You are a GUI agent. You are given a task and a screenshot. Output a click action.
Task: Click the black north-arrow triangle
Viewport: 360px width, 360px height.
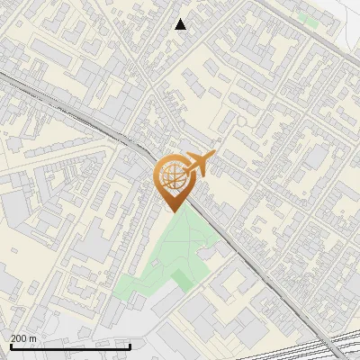[x=181, y=24]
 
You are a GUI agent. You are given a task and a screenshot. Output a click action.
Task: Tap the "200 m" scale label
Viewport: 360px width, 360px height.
[x=22, y=338]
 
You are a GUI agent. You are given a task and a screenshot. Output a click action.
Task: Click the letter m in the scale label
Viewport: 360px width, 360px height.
[x=32, y=338]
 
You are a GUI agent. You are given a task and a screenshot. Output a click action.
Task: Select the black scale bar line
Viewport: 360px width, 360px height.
[x=70, y=346]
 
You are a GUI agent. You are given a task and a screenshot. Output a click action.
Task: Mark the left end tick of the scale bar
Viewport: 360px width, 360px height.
[x=10, y=345]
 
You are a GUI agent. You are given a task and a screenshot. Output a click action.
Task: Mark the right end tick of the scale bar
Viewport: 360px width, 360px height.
[x=130, y=345]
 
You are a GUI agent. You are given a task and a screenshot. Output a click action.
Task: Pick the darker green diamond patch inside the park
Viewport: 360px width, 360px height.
[x=184, y=280]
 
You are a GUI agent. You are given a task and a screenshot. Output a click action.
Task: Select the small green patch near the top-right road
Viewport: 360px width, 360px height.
[x=307, y=19]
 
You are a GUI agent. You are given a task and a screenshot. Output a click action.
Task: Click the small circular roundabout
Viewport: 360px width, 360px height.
[x=242, y=120]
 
